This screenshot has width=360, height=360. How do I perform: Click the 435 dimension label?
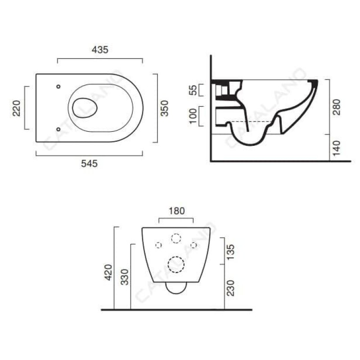point(100,49)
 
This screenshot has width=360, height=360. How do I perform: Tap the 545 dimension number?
point(89,164)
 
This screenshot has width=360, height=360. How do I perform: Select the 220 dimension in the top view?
point(17,108)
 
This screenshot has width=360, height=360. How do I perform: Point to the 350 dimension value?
point(164,108)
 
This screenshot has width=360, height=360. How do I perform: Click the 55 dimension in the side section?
point(193,90)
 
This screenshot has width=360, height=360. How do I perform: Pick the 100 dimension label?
point(193,116)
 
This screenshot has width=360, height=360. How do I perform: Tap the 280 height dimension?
point(337,107)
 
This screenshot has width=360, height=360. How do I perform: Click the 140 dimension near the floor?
point(337,148)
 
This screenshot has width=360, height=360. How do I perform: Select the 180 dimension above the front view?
point(176,211)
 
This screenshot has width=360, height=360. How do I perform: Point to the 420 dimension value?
point(108,272)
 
